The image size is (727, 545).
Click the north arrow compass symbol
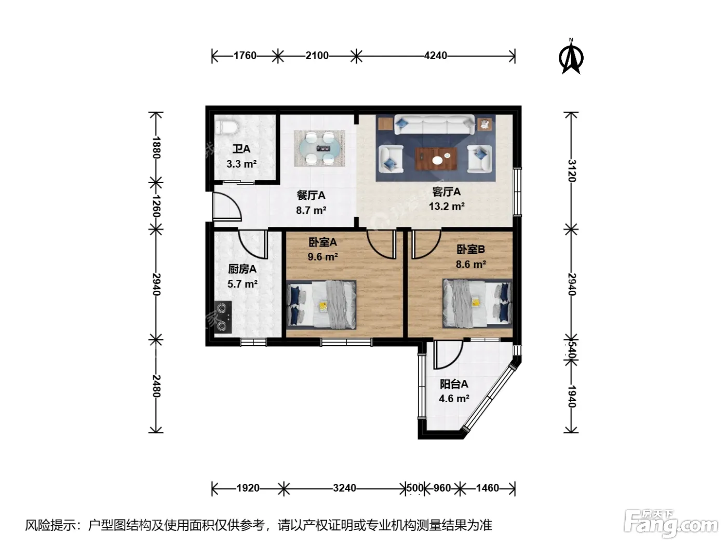coord(571,57)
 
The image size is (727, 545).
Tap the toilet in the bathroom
coord(226,127)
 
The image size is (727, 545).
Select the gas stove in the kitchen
coord(223,317)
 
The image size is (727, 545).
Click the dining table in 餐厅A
coord(319,148)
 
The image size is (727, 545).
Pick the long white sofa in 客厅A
coord(434,125)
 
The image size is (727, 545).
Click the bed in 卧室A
coord(321,305)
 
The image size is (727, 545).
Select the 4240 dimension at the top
coord(435,56)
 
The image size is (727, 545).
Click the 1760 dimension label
coord(245,56)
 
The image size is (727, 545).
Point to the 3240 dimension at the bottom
coord(344,488)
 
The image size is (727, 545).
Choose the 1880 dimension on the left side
coord(156,147)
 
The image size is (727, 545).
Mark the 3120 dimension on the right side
coord(572,171)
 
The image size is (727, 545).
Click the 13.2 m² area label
coord(447,207)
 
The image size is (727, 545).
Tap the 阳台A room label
coord(454,384)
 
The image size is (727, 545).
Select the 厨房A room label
coord(242,269)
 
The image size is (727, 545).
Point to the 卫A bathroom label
coord(241,149)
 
